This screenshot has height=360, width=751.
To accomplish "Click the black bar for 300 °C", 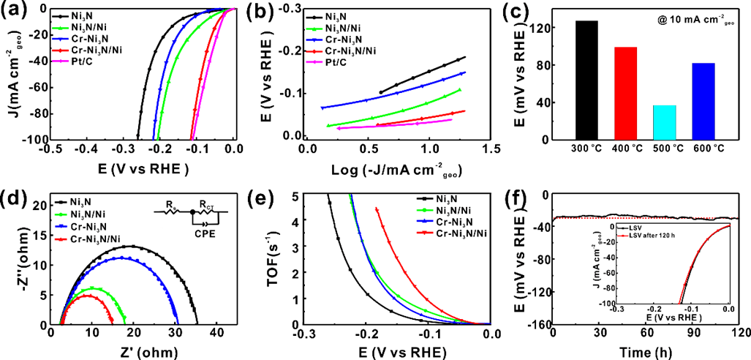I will (x=586, y=80).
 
